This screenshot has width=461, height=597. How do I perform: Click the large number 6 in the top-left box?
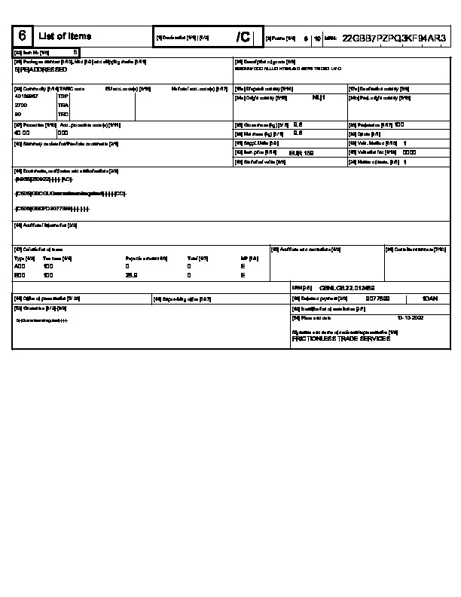23,36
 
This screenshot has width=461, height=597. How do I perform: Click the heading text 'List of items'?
65,36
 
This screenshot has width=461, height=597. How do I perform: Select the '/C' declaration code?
243,37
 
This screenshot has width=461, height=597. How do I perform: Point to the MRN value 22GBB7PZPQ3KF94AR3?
394,37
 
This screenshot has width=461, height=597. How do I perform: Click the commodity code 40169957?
26,96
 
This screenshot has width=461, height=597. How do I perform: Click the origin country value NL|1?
318,97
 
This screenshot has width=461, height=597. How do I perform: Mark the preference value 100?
399,124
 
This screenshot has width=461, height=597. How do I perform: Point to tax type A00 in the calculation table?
20,266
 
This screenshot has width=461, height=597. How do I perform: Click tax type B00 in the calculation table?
20,275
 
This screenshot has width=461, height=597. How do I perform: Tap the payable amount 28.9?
130,275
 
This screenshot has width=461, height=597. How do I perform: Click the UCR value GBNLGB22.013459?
347,287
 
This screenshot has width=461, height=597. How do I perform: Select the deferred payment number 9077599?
377,298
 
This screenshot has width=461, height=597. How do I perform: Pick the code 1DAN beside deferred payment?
430,298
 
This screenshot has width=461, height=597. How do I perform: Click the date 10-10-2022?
411,318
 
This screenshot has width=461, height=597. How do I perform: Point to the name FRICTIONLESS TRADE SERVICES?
340,338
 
